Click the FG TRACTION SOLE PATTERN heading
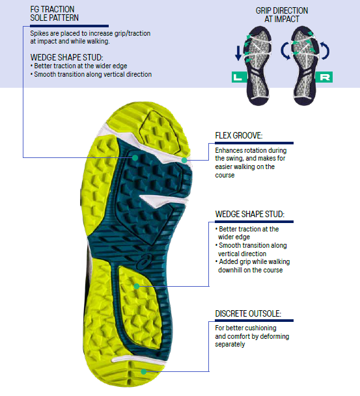(x=54, y=14)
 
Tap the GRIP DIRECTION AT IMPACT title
(x=282, y=15)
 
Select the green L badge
(x=239, y=77)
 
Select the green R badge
(x=324, y=77)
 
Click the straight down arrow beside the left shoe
(x=238, y=53)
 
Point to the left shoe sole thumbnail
(x=258, y=66)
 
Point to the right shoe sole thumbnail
(x=305, y=66)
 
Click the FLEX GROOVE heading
(x=239, y=136)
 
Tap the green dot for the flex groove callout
(x=184, y=160)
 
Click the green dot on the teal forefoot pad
(x=135, y=158)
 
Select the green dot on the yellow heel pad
(x=137, y=286)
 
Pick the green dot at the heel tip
(x=144, y=371)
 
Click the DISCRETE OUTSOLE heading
(x=248, y=313)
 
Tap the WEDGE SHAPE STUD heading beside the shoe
(x=250, y=214)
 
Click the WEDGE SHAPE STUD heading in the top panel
(x=67, y=57)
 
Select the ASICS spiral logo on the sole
(x=144, y=261)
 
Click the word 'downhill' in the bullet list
(x=230, y=270)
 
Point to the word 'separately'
(x=230, y=345)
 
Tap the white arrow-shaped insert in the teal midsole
(x=163, y=201)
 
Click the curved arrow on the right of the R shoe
(x=327, y=51)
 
